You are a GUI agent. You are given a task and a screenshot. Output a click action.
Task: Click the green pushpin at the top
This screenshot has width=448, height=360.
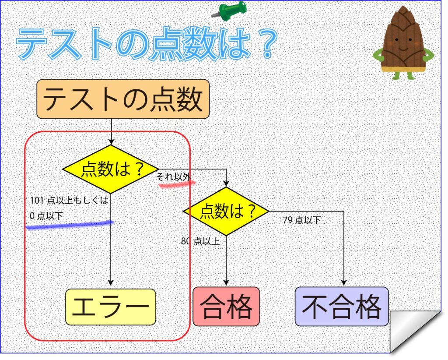230,11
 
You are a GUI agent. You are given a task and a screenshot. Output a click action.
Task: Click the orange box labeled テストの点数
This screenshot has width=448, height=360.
123,99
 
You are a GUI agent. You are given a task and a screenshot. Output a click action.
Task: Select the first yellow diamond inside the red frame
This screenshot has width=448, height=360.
111,169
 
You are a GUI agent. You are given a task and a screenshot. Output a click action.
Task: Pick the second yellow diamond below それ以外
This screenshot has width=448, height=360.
226,211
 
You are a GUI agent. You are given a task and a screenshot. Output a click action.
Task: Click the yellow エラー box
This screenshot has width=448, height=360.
111,307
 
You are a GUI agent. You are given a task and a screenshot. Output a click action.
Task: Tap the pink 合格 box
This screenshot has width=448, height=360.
226,306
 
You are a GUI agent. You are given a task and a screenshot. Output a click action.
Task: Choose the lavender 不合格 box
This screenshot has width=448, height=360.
342,307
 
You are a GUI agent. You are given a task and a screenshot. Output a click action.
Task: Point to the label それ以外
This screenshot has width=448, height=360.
173,177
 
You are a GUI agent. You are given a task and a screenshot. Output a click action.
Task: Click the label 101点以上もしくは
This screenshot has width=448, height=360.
70,200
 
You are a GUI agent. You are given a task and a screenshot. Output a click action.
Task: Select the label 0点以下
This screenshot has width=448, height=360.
46,215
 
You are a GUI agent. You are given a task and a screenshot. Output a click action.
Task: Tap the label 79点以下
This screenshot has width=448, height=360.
302,220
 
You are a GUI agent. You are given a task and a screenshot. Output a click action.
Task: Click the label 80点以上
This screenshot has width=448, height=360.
200,241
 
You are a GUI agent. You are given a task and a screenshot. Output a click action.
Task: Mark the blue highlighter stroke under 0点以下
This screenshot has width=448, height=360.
70,225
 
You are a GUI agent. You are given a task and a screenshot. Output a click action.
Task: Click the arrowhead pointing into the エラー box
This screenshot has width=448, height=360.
111,282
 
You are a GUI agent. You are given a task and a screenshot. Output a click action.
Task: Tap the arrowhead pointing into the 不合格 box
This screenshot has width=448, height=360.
344,282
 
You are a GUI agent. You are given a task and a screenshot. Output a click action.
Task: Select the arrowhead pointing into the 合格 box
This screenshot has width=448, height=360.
226,282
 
